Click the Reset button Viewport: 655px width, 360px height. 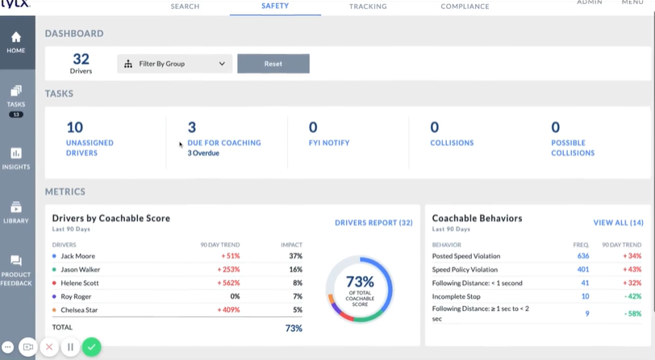point(273,64)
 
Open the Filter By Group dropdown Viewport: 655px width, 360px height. point(174,64)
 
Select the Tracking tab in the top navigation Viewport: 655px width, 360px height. point(368,6)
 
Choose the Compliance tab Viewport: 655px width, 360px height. point(465,6)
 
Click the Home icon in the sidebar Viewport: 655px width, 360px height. point(16,37)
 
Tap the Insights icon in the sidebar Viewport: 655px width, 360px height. point(16,153)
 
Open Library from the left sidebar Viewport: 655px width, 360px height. point(16,207)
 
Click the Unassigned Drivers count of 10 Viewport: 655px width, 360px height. point(75,127)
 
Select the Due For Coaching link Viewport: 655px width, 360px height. point(224,143)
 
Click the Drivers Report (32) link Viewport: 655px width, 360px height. point(373,223)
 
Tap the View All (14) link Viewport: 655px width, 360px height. point(618,223)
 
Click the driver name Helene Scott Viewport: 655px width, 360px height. point(80,283)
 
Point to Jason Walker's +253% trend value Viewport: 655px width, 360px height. point(228,270)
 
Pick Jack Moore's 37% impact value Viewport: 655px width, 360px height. point(296,256)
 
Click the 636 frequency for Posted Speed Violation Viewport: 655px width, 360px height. point(583,256)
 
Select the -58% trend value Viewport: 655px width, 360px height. point(632,314)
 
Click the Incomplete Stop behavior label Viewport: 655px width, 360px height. point(457,296)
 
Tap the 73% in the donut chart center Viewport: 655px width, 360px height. point(360,282)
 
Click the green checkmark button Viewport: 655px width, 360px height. point(91,347)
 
